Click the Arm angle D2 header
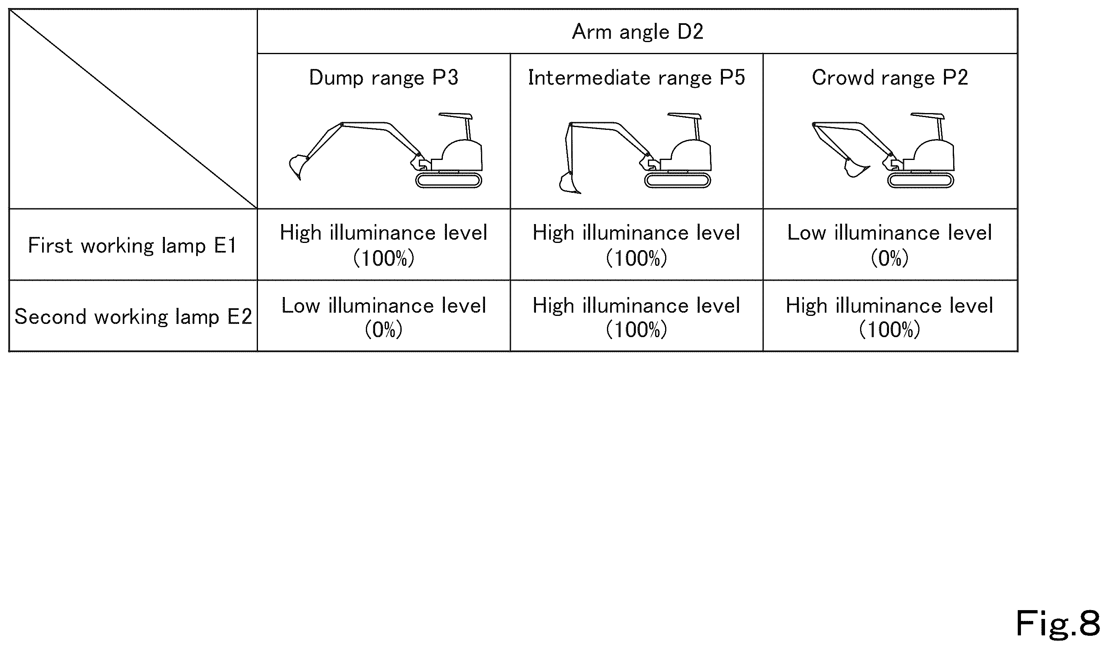tap(637, 32)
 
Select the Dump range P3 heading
tap(384, 78)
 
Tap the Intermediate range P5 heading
tap(636, 78)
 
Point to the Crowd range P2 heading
tap(890, 78)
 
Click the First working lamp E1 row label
tap(132, 246)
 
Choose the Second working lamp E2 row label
tap(133, 317)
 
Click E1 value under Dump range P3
tap(384, 245)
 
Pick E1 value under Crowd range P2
tap(889, 245)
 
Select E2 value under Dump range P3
tap(384, 317)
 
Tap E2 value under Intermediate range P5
tap(636, 317)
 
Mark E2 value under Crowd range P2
tap(889, 317)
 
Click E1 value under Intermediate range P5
tap(636, 245)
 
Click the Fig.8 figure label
tap(1057, 623)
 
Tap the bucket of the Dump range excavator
tap(297, 166)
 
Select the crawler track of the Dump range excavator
tap(448, 181)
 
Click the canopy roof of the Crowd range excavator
tap(927, 116)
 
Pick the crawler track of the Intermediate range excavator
tap(678, 181)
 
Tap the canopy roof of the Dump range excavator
tap(455, 116)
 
